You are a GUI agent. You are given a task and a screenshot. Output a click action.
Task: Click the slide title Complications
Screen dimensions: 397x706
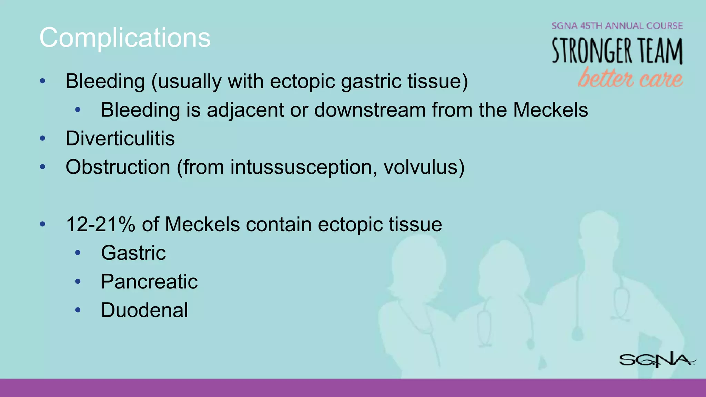125,37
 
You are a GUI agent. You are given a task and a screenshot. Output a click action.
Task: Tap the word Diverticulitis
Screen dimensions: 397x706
120,139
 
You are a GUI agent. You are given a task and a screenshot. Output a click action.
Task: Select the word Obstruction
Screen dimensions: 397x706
118,167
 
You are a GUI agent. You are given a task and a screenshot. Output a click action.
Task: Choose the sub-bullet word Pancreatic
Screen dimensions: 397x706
149,282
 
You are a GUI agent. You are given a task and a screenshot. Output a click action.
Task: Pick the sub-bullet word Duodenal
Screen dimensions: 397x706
144,310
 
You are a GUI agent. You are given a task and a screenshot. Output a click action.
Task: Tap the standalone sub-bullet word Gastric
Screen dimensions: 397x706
133,253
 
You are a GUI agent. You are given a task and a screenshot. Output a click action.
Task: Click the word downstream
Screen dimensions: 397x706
370,110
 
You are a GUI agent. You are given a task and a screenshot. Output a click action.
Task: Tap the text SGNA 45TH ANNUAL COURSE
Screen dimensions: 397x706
617,26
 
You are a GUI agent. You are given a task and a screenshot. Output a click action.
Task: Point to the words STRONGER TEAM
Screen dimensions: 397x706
617,51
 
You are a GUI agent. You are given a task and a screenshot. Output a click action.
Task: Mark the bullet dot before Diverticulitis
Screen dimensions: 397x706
43,139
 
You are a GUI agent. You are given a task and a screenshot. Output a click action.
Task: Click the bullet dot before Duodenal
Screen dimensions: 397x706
78,310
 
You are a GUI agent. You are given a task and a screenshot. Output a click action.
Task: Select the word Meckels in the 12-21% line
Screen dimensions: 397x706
202,224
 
